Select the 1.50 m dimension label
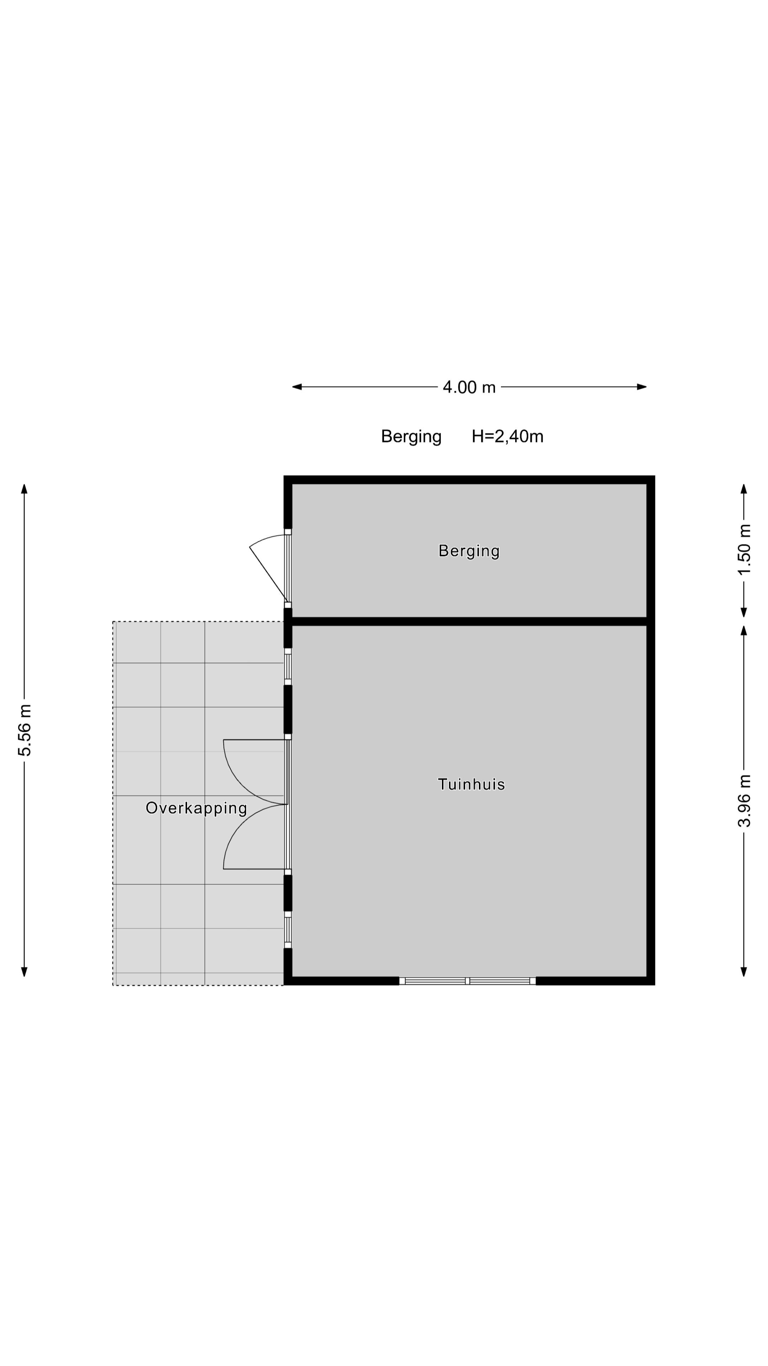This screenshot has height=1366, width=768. pos(744,549)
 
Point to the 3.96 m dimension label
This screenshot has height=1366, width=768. pos(744,801)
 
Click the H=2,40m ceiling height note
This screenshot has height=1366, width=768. pos(507,436)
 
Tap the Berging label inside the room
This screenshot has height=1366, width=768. pos(469,551)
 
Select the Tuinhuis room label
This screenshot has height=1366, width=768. pos(471,784)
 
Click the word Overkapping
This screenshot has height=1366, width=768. pos(196,808)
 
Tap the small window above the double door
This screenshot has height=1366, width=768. pos(288,667)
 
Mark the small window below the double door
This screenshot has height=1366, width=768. pos(288,930)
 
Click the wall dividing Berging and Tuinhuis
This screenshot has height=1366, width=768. pos(469,621)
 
